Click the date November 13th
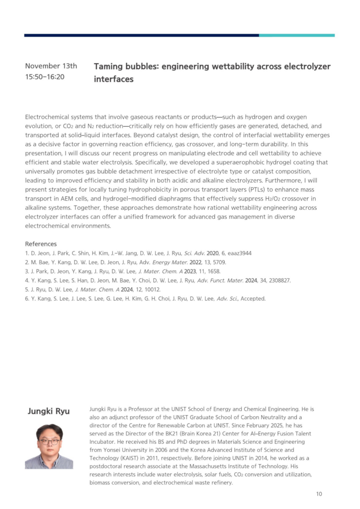coord(51,66)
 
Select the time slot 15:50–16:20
coord(45,77)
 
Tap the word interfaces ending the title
coord(114,79)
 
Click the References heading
coord(41,244)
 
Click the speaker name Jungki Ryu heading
coord(48,411)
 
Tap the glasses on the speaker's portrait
coord(49,441)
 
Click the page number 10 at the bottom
coord(319,494)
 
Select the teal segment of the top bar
coord(296,35)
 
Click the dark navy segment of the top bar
coord(141,35)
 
